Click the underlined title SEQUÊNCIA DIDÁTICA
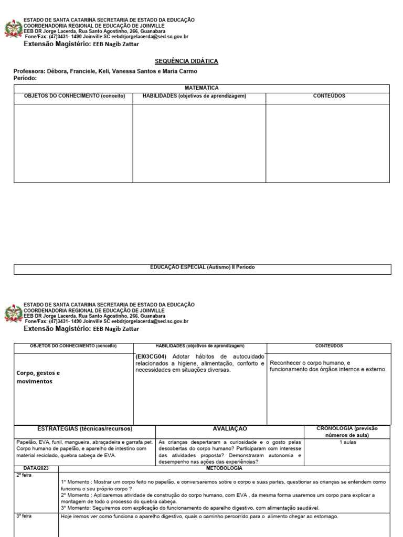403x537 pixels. pyautogui.click(x=186, y=61)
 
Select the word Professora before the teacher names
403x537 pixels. pyautogui.click(x=29, y=71)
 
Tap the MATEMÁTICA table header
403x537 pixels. pyautogui.click(x=201, y=88)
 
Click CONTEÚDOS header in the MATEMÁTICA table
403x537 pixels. pyautogui.click(x=328, y=96)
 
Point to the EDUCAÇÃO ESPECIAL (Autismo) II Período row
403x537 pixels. pyautogui.click(x=202, y=267)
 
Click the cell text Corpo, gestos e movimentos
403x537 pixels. pyautogui.click(x=38, y=377)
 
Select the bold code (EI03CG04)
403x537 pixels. pyautogui.click(x=151, y=356)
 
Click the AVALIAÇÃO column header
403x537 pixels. pyautogui.click(x=230, y=429)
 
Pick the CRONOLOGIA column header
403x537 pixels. pyautogui.click(x=347, y=432)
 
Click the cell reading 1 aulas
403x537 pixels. pyautogui.click(x=347, y=442)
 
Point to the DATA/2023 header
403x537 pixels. pyautogui.click(x=36, y=468)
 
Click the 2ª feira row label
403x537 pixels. pyautogui.click(x=24, y=475)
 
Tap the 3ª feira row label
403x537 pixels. pyautogui.click(x=24, y=517)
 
